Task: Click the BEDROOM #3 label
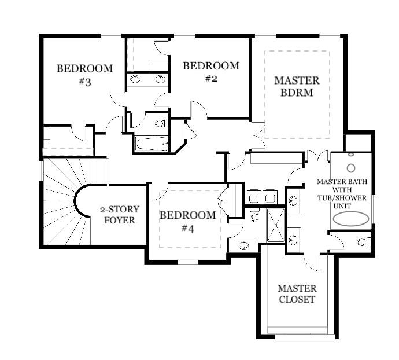[84, 75]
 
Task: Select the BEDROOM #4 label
[187, 222]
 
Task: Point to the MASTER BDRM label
[297, 86]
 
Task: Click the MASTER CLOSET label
[297, 293]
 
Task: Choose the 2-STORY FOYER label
[119, 214]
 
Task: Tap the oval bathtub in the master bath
[351, 219]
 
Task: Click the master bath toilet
[363, 242]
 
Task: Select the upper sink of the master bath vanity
[293, 201]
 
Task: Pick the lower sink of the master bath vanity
[293, 239]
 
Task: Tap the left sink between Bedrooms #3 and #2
[135, 79]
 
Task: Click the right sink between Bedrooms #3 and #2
[160, 79]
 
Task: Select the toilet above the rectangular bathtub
[160, 123]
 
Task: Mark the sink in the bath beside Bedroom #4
[244, 245]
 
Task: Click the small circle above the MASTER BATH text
[350, 168]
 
